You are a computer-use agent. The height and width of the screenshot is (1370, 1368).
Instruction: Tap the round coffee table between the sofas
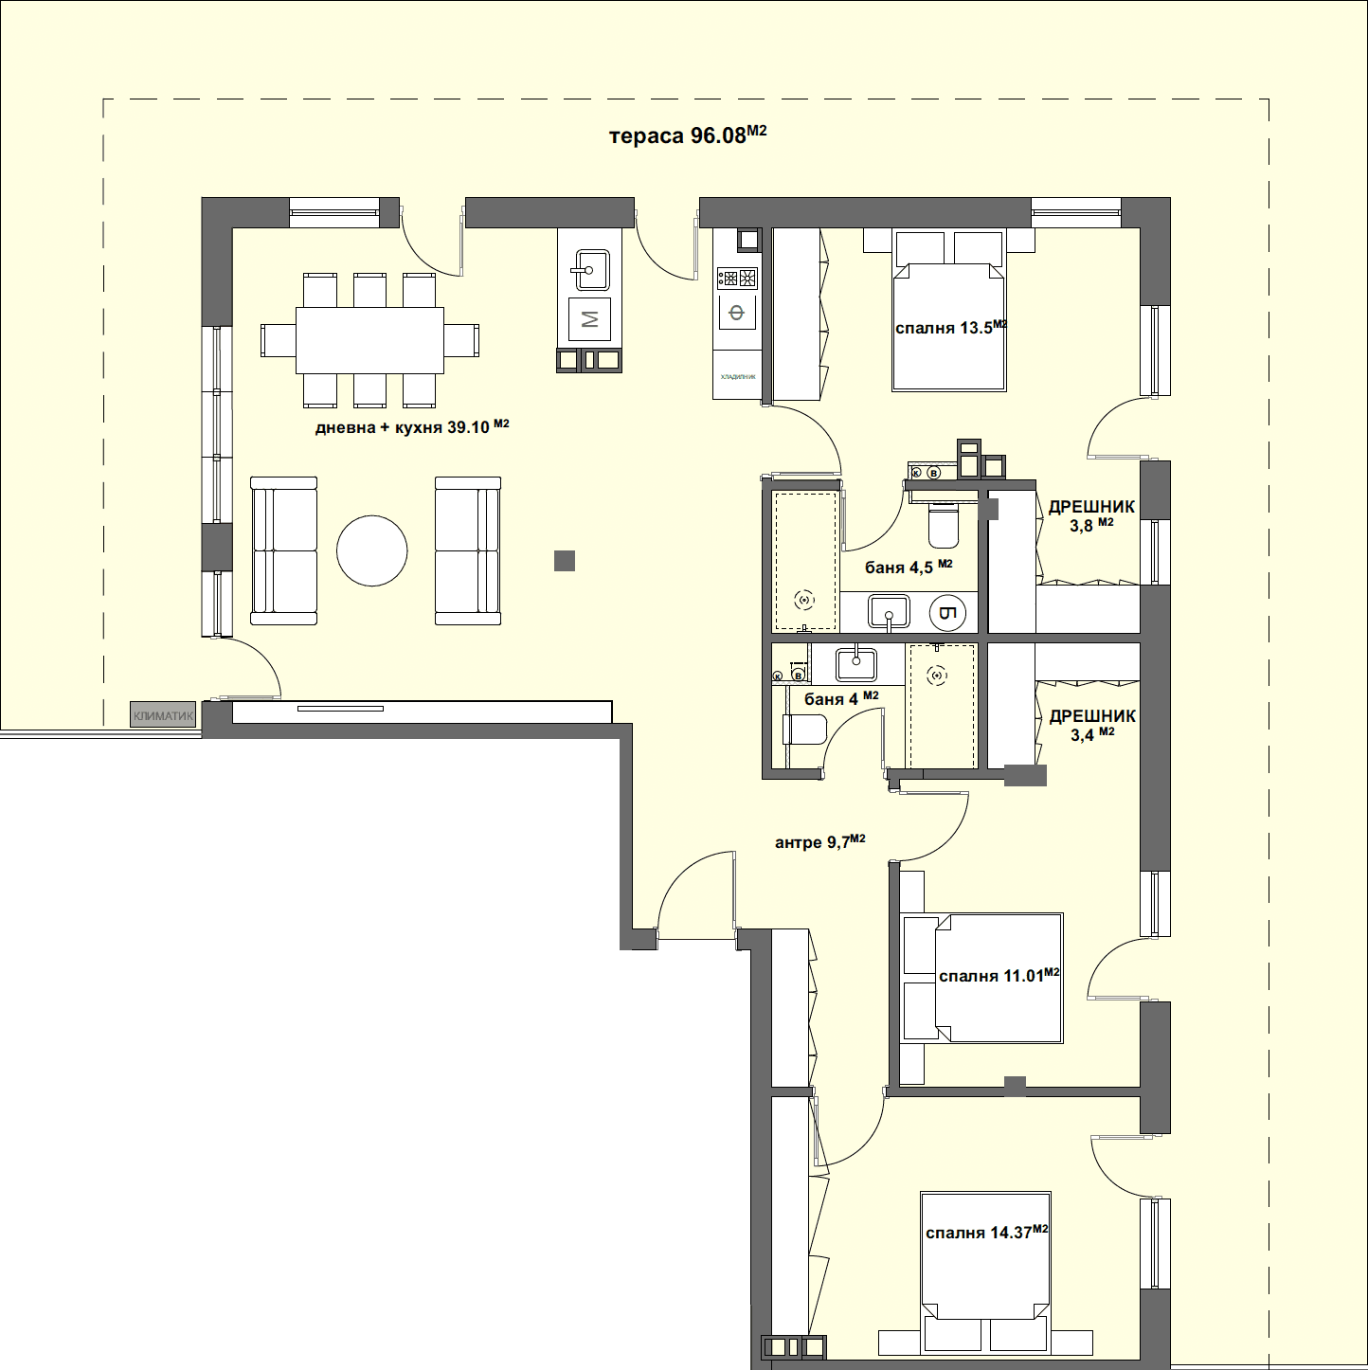[x=372, y=550]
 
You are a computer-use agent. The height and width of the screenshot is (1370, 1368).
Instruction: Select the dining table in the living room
[x=369, y=340]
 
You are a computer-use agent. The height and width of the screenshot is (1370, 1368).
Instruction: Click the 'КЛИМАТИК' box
[x=163, y=716]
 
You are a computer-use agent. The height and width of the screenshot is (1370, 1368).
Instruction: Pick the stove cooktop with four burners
[x=737, y=279]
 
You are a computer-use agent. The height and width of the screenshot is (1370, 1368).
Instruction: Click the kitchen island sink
[x=589, y=270]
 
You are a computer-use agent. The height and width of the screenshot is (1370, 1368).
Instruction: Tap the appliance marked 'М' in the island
[x=589, y=319]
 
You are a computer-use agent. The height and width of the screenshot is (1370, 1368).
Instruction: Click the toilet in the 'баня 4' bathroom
[x=804, y=730]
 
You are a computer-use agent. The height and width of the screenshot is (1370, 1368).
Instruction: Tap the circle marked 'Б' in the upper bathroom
[x=947, y=613]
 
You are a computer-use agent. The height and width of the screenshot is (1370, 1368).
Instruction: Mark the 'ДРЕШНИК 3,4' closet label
[x=1092, y=725]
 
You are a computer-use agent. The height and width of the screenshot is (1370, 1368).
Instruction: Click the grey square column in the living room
[x=565, y=561]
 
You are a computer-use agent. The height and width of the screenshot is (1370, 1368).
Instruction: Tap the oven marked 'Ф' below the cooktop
[x=737, y=312]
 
